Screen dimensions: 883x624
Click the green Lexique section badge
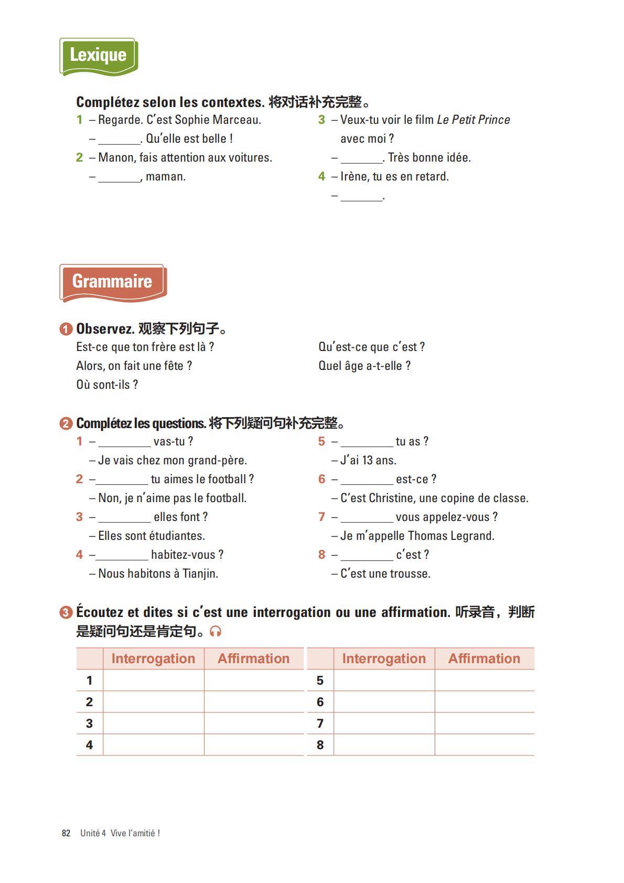click(x=99, y=56)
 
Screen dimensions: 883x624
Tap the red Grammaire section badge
click(x=113, y=282)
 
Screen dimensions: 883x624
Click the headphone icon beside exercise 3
click(x=216, y=631)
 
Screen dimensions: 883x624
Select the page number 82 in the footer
click(x=66, y=833)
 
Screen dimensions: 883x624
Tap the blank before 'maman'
click(x=119, y=177)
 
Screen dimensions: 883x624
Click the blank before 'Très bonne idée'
click(x=362, y=158)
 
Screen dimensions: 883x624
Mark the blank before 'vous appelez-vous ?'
click(x=367, y=518)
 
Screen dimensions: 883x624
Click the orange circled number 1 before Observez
click(x=66, y=329)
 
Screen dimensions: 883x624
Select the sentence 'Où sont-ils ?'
click(x=107, y=385)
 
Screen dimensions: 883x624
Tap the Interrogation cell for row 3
click(x=153, y=724)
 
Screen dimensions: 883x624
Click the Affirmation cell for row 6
click(x=484, y=702)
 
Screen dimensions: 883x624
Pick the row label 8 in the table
click(x=320, y=745)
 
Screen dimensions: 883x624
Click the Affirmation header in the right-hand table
click(x=484, y=658)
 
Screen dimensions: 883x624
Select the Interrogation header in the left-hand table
click(x=153, y=658)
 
